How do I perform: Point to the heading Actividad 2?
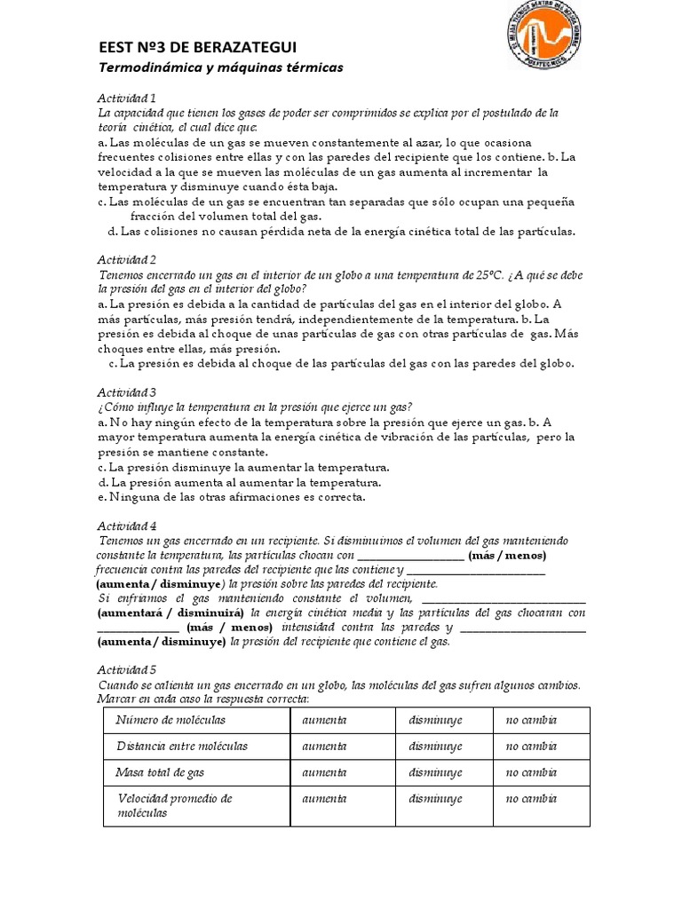pyautogui.click(x=127, y=259)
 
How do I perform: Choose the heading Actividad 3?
pyautogui.click(x=127, y=391)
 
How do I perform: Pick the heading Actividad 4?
pyautogui.click(x=127, y=525)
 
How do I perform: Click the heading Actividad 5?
pyautogui.click(x=127, y=671)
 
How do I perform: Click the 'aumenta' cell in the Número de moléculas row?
pyautogui.click(x=325, y=720)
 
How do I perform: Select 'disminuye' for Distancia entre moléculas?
pyautogui.click(x=435, y=746)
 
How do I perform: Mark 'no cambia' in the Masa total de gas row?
pyautogui.click(x=531, y=772)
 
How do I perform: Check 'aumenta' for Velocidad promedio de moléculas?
pyautogui.click(x=325, y=799)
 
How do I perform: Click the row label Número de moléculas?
pyautogui.click(x=170, y=720)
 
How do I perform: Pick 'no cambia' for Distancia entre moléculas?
pyautogui.click(x=531, y=746)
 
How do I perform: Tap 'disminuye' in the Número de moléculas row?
pyautogui.click(x=435, y=720)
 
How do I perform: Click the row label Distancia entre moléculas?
pyautogui.click(x=182, y=746)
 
